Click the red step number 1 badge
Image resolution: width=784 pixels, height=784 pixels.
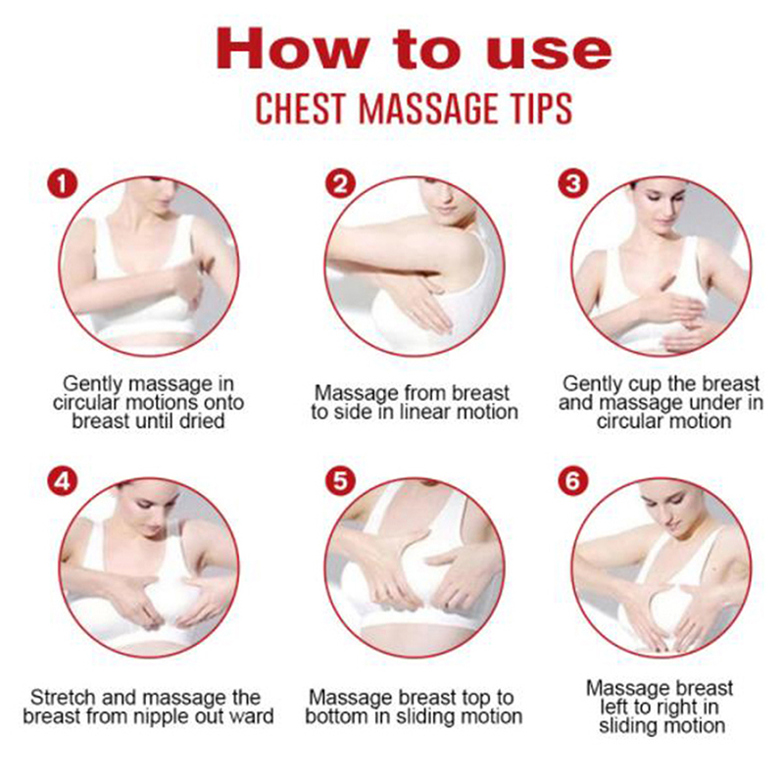[x=63, y=183]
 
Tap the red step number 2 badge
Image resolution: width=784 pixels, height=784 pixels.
[x=340, y=183]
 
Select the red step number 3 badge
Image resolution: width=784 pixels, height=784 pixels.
[x=573, y=183]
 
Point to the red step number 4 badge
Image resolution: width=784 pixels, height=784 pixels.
[x=63, y=481]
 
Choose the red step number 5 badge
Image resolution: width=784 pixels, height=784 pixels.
[x=340, y=481]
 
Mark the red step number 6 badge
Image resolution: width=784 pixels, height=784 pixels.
[x=573, y=481]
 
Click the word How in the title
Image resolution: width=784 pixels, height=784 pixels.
[x=290, y=48]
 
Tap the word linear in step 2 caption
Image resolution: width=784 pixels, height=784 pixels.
[x=419, y=412]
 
